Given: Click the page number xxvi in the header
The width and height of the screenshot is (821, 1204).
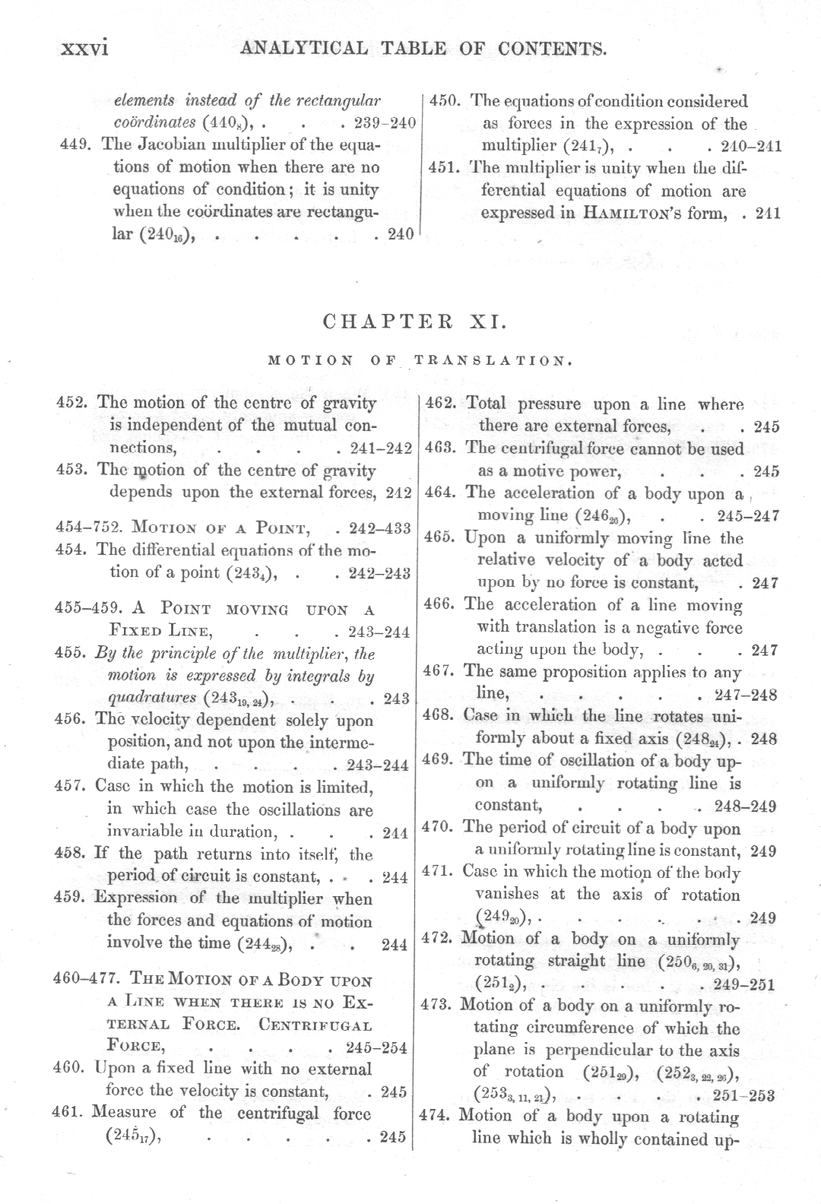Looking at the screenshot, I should (x=86, y=50).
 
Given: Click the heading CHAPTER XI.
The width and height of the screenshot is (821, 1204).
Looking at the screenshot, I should (x=414, y=321).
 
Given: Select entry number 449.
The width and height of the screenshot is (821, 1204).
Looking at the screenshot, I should (x=78, y=144).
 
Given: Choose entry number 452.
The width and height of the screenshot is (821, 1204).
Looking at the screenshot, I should (x=75, y=402).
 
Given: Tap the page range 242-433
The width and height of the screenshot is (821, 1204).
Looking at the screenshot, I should (x=378, y=528).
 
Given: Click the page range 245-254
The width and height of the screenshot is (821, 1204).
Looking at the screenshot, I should (x=376, y=1047).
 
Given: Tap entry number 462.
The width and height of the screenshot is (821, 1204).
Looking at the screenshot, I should (x=440, y=404).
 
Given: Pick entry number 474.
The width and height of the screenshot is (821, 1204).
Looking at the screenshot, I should (x=437, y=1116).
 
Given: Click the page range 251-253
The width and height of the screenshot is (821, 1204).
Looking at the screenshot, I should (x=744, y=1095).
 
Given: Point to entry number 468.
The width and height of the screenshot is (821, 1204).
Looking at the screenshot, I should (x=439, y=715).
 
